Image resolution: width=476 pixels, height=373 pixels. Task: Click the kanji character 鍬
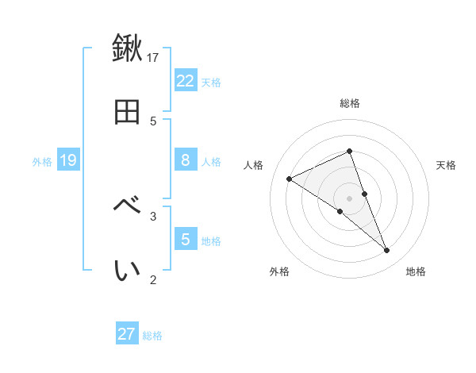coord(127,48)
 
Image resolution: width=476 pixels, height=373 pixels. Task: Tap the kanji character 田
coord(127,113)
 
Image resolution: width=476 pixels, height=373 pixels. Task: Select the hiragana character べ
coord(127,206)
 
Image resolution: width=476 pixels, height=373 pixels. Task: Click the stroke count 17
coord(153,57)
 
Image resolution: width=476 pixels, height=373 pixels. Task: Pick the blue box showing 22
coord(186,80)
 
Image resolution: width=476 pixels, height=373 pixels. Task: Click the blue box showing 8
coord(186,160)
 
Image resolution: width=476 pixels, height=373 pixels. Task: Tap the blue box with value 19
coord(68,160)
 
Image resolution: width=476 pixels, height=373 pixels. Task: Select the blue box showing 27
coord(127,334)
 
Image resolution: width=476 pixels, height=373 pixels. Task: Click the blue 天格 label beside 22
coord(211,82)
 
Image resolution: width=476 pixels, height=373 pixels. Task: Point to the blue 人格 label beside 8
coord(211,162)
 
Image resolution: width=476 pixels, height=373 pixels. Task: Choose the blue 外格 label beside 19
coord(42,162)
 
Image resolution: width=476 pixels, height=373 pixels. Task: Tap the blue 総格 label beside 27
coord(152,336)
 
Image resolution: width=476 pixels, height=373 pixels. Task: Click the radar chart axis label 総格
coord(350,103)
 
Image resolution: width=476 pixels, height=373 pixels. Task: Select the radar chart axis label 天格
coord(447,165)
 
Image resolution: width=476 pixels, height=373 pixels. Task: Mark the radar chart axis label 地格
coord(416,271)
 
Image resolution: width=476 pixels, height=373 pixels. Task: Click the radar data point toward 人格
coord(290,179)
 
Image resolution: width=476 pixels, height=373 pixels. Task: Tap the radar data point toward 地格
coord(387,251)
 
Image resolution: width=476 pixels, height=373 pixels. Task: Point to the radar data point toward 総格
coord(350,151)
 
